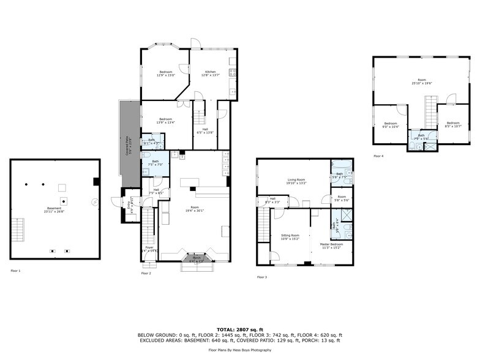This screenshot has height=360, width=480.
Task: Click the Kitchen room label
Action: [x=210, y=73]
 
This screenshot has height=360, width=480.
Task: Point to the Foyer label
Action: [x=149, y=249]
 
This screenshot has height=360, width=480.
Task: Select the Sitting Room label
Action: [x=290, y=237]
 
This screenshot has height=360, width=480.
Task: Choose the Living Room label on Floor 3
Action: [x=296, y=181]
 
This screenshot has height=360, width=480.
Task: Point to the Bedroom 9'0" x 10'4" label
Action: [x=391, y=125]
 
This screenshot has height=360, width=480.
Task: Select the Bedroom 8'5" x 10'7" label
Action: [x=452, y=125]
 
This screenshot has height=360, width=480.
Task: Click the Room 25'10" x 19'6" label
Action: [x=421, y=81]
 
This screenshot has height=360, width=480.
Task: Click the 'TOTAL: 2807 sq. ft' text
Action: [x=239, y=329]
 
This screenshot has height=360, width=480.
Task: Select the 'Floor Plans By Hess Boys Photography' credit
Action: [x=239, y=350]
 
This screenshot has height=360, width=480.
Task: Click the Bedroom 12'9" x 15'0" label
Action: [x=166, y=73]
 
